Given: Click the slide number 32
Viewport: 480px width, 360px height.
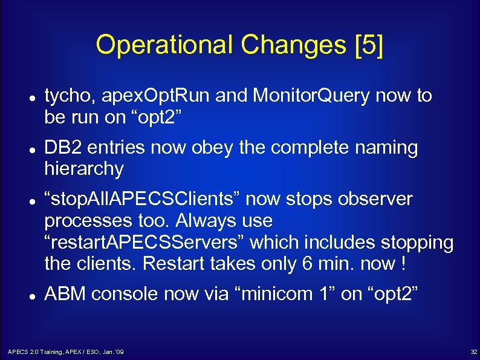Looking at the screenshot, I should [x=473, y=352].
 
